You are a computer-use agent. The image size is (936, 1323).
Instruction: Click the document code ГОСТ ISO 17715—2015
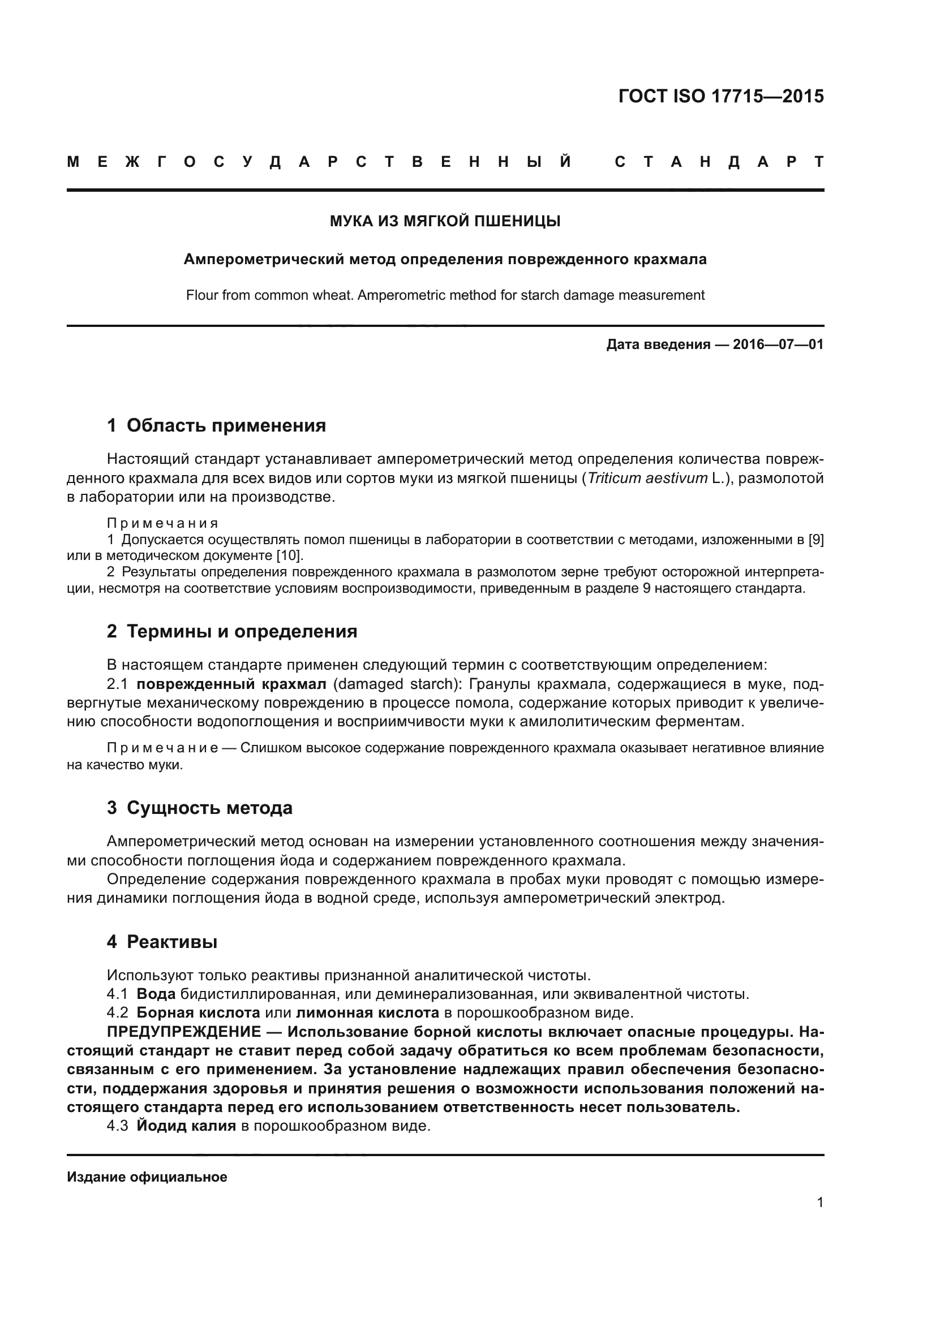tap(720, 96)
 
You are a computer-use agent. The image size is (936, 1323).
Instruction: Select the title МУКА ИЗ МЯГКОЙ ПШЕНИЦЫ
tap(445, 221)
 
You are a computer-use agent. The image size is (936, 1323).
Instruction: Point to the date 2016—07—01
tap(778, 344)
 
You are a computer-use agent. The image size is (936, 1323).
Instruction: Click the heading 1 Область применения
tap(216, 426)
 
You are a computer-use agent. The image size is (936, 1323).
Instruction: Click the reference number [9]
tap(815, 540)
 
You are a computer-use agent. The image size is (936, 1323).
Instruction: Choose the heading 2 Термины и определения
tap(231, 632)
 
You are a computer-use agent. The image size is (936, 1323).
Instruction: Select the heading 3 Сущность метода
tap(199, 808)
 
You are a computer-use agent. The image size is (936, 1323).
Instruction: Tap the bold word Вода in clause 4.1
tap(156, 994)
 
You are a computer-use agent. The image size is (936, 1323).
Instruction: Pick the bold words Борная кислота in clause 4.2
tap(198, 1012)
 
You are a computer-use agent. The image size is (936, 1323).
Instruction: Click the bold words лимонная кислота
tap(367, 1012)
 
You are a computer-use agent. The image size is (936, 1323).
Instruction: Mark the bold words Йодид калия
tap(186, 1126)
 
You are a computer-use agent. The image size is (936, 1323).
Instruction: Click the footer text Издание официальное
tap(147, 1177)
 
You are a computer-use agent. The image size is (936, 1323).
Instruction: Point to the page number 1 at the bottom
tap(820, 1203)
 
